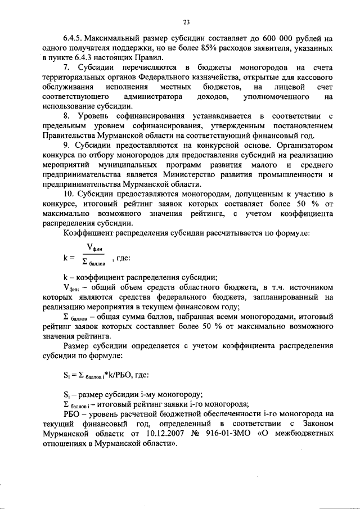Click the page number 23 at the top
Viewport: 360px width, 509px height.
click(186, 22)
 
